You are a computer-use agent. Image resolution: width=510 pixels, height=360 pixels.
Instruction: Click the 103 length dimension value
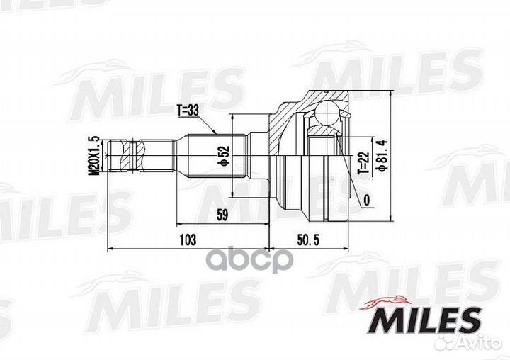[x=187, y=240]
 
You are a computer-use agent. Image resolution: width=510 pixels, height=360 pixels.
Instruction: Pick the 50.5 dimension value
[x=310, y=240]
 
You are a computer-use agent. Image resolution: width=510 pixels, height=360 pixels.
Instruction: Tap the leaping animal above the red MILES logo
[x=392, y=301]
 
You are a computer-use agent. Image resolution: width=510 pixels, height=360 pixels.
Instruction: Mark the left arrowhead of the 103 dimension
[x=109, y=249]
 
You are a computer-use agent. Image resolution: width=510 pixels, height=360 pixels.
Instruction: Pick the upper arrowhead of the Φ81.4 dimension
[x=392, y=94]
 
